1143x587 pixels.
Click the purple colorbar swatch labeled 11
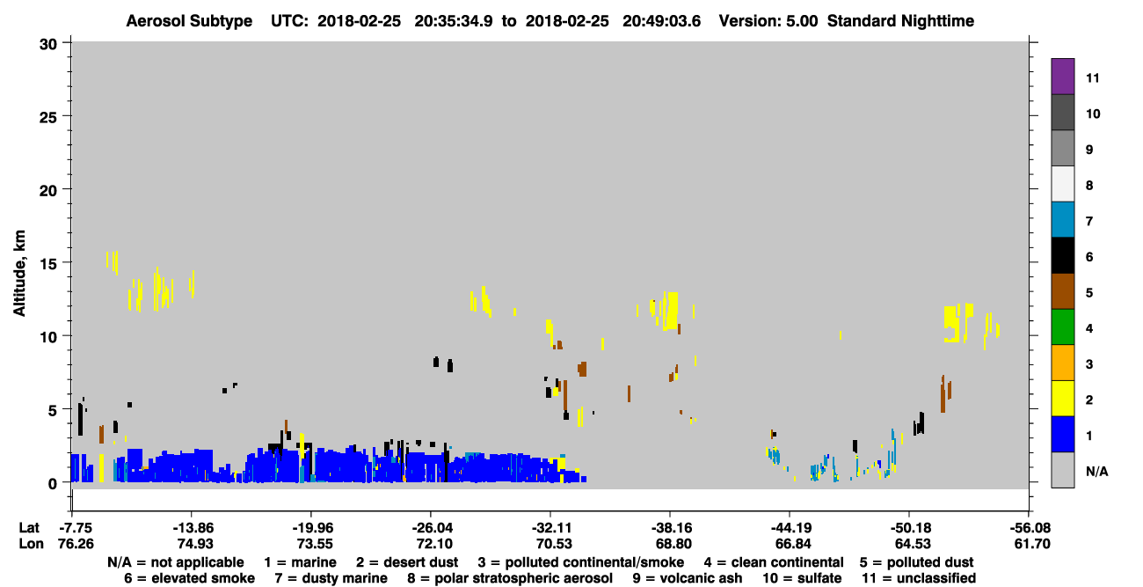click(x=1062, y=76)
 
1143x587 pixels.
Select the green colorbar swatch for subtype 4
click(x=1062, y=327)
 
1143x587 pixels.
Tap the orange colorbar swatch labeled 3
click(x=1062, y=363)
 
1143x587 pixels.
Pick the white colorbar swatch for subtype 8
click(x=1062, y=184)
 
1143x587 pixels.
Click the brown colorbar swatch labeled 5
click(x=1062, y=291)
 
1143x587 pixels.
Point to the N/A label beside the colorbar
click(x=1096, y=471)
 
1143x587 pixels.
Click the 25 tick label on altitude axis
click(x=48, y=118)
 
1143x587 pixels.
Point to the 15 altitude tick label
click(x=48, y=264)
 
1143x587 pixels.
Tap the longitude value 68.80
click(x=673, y=544)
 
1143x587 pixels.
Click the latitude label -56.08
click(x=1030, y=527)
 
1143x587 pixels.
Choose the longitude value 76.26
click(x=76, y=544)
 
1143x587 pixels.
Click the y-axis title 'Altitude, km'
click(x=19, y=274)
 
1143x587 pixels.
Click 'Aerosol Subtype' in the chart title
click(x=189, y=21)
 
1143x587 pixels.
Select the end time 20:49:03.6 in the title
click(x=661, y=21)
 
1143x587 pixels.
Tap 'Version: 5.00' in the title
click(x=768, y=21)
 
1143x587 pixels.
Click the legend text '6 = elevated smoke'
click(x=189, y=578)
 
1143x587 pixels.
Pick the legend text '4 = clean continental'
click(x=774, y=562)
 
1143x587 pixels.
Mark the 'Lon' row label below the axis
click(x=31, y=544)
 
